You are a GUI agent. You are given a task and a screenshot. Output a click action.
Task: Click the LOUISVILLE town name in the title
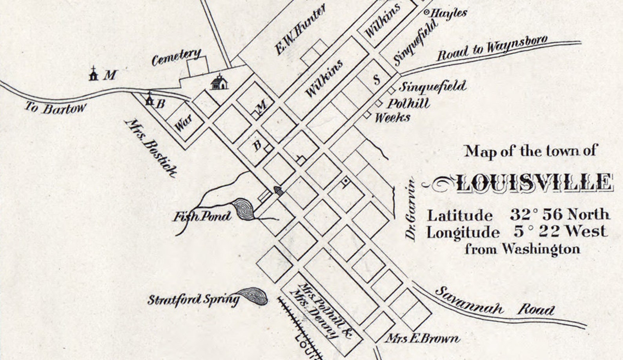coord(534,183)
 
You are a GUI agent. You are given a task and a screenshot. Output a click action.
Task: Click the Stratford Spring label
coord(193,300)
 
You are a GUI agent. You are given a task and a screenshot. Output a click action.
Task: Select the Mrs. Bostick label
coord(151,147)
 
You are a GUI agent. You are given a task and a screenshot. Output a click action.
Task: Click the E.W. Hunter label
coord(300,32)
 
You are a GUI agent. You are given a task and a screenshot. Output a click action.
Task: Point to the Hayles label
coord(449,13)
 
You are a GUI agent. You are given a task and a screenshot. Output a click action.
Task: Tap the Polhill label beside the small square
coord(408,104)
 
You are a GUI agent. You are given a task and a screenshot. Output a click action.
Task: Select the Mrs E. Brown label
coord(423,338)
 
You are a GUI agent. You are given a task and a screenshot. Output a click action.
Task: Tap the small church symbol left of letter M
coord(93,73)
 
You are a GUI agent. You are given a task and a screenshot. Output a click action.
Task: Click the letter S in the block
coord(377,80)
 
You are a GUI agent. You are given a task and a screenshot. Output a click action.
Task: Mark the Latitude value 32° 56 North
coord(560,215)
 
